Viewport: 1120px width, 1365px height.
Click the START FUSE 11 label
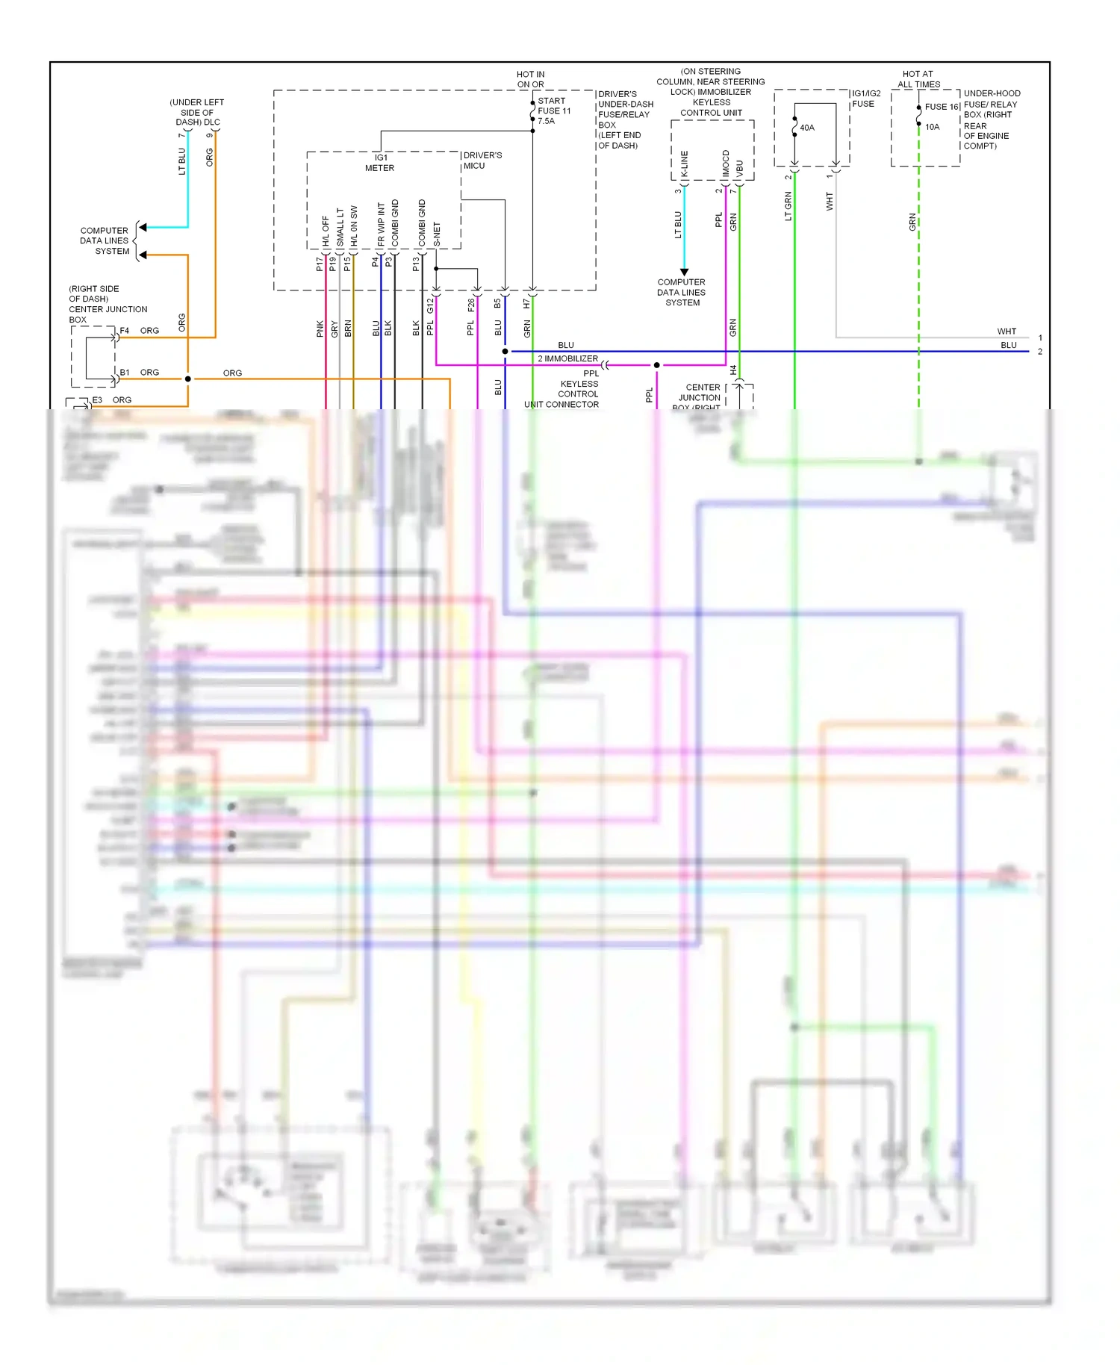(554, 106)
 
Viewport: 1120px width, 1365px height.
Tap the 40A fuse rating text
(807, 128)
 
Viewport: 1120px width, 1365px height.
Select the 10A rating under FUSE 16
(932, 127)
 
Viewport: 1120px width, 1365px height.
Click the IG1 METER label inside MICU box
(380, 163)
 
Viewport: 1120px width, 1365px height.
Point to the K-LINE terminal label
(685, 164)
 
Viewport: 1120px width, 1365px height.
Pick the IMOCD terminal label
(726, 164)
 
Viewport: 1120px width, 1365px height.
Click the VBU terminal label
(740, 168)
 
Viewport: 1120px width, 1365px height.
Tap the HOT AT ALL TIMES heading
(918, 79)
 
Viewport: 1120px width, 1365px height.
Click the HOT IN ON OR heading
(530, 79)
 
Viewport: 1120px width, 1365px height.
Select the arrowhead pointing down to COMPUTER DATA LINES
(684, 272)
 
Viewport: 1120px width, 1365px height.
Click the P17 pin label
(320, 264)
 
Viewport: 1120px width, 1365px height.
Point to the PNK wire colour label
(320, 329)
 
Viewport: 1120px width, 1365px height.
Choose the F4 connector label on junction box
(125, 331)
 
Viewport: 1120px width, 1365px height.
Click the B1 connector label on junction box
(125, 373)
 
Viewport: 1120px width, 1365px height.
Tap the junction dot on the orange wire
(188, 379)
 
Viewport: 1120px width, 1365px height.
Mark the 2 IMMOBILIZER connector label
(567, 358)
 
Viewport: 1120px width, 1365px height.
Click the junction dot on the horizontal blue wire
(505, 351)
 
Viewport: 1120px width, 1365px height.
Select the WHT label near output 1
(1007, 332)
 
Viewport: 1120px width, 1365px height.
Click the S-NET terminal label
(437, 234)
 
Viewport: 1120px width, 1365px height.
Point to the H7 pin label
(526, 304)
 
